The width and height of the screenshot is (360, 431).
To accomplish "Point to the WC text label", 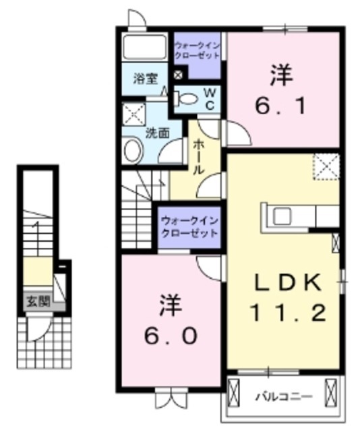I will coord(209,98).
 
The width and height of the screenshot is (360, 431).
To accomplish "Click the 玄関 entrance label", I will coord(38,300).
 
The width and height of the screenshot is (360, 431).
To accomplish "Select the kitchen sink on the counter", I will coord(281,215).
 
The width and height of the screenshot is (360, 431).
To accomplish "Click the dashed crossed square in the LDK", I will coord(326,165).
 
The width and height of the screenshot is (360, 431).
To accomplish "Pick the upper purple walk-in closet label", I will coord(196,51).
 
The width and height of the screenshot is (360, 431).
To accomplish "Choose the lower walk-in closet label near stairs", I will coord(189,226).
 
